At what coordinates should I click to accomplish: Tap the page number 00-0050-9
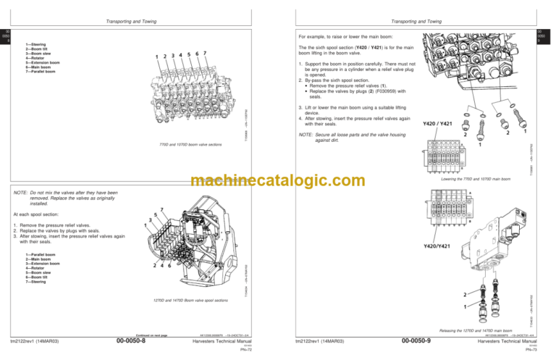pyautogui.click(x=411, y=340)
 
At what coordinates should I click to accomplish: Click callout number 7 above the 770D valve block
pyautogui.click(x=206, y=53)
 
